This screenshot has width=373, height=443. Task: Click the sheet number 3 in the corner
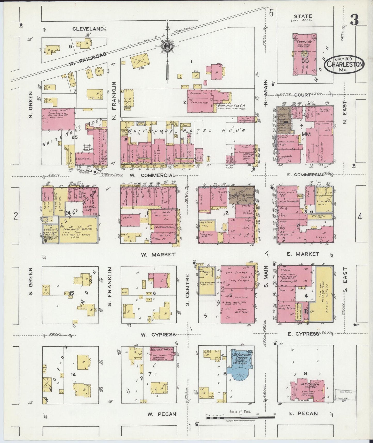[x=354, y=20]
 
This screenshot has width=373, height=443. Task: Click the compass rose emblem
[x=168, y=47]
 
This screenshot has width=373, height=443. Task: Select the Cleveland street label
[x=88, y=29]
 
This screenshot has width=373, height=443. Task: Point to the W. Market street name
[x=158, y=255]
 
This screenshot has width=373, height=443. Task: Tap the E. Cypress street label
[x=303, y=334]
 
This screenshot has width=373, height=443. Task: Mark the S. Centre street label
[x=188, y=289]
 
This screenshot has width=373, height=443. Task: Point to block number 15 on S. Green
[x=72, y=293]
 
